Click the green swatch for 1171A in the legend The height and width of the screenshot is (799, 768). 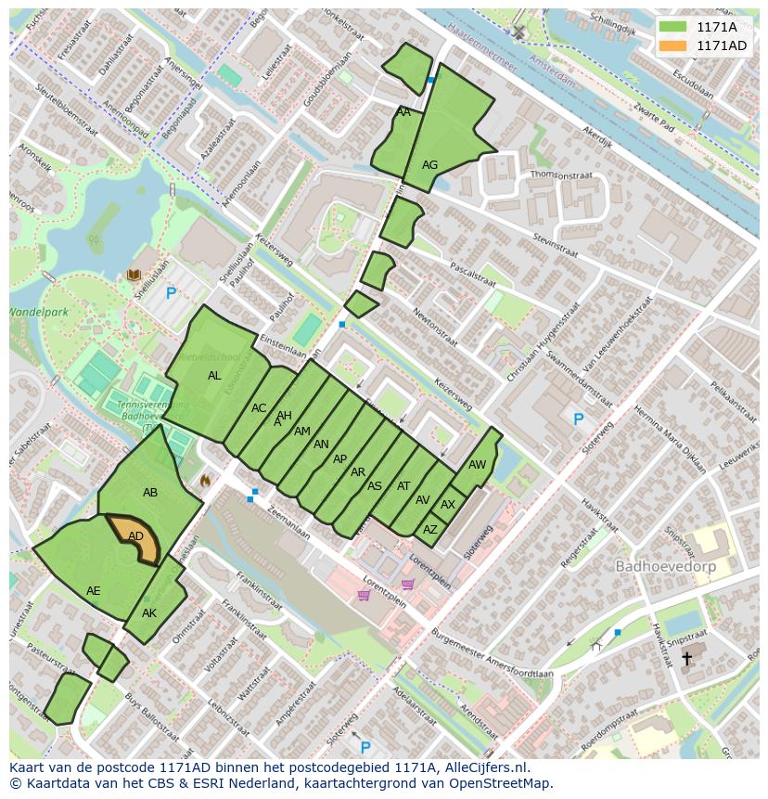[x=673, y=27]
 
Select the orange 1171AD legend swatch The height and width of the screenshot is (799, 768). [x=673, y=45]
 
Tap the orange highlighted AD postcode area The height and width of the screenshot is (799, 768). [x=136, y=537]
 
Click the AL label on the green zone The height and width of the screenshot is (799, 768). [x=214, y=376]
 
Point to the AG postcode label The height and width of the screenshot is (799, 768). [x=429, y=165]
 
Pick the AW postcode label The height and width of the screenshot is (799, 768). [x=477, y=465]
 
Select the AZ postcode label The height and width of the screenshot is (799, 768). [x=429, y=530]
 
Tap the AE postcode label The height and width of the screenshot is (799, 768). [x=94, y=591]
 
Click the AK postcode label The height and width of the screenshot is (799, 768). [x=149, y=613]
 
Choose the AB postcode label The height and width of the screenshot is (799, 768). [x=150, y=493]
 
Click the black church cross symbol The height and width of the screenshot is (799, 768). [x=686, y=658]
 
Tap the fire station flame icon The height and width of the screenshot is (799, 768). [x=206, y=481]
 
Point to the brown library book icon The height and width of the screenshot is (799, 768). [x=134, y=275]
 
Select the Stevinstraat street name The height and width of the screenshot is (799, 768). [x=556, y=246]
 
